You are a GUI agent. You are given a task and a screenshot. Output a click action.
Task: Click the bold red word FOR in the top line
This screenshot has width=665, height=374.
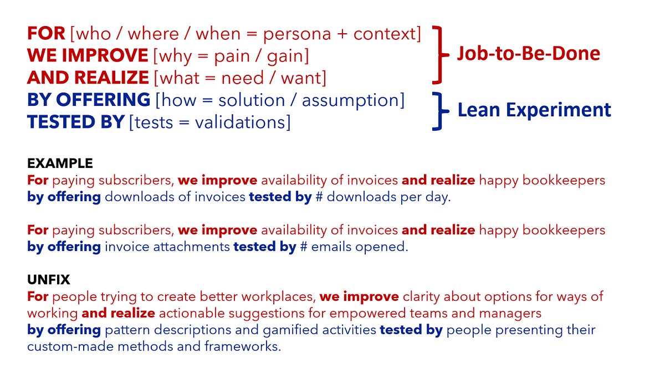[46, 34]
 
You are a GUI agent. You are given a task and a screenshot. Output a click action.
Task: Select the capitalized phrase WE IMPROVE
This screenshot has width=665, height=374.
[88, 56]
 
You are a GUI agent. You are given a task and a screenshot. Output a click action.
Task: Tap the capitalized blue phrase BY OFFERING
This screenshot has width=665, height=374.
[89, 100]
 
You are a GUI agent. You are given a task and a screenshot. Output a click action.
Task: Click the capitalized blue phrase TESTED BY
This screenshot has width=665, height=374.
[75, 122]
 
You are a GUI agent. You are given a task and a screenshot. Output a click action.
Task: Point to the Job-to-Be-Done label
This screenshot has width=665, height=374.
[528, 53]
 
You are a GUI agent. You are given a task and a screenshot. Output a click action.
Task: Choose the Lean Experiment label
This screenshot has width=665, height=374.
[534, 110]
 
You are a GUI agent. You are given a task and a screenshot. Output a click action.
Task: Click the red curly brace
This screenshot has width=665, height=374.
[440, 54]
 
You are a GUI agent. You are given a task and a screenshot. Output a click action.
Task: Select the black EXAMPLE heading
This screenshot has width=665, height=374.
[60, 164]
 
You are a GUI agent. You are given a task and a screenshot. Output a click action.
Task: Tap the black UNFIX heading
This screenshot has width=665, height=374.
[49, 280]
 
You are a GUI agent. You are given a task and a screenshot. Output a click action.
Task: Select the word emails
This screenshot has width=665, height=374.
[331, 247]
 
